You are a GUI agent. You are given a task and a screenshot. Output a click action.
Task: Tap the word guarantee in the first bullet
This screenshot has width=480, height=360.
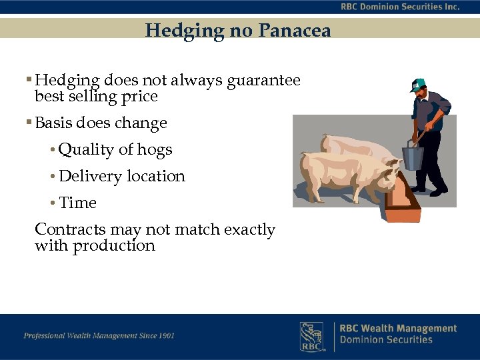(264, 81)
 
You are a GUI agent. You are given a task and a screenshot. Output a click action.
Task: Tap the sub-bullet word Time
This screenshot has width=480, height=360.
(77, 203)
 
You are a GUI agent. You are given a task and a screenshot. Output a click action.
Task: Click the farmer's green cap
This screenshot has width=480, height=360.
(418, 84)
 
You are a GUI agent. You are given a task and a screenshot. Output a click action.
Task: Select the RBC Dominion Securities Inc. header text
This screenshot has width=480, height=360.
(399, 7)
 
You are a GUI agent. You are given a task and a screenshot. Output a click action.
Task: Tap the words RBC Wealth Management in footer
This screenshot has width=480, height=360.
(398, 329)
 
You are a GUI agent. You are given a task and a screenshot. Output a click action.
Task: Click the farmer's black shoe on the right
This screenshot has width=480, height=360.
(438, 192)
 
